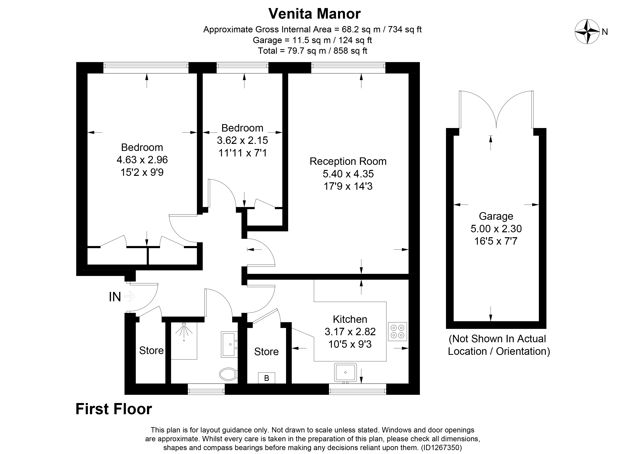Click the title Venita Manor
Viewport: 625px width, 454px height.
[x=314, y=14]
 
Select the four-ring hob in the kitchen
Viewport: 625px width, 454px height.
[x=397, y=331]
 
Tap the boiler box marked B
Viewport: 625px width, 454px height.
[x=266, y=378]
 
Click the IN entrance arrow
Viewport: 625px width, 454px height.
[x=130, y=297]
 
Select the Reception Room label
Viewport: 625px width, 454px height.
[x=348, y=161]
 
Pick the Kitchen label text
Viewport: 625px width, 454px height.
[x=350, y=319]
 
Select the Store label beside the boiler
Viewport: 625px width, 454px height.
[x=266, y=351]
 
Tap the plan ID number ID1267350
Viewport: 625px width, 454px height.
[x=442, y=447]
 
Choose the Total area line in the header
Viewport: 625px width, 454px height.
[x=312, y=51]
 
